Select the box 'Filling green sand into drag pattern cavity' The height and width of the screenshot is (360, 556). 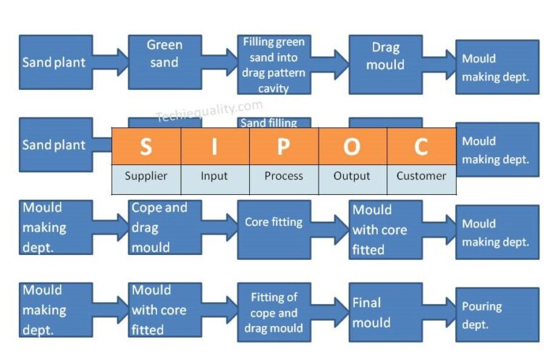point(274,64)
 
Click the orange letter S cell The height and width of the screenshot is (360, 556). point(146,146)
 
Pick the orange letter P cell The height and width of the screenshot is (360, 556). point(284,146)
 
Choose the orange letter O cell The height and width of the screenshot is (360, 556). point(353,146)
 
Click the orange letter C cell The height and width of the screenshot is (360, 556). point(421,146)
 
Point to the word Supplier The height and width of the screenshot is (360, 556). point(146,176)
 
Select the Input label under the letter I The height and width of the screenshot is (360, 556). point(214,176)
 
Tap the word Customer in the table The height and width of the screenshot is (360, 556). point(421,176)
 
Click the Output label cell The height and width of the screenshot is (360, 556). point(353,176)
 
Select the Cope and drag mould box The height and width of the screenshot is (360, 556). point(164,227)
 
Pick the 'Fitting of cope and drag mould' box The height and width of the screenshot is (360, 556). point(274,311)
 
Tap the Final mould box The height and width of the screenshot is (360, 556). point(385,311)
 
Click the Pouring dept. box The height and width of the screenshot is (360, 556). point(497,314)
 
